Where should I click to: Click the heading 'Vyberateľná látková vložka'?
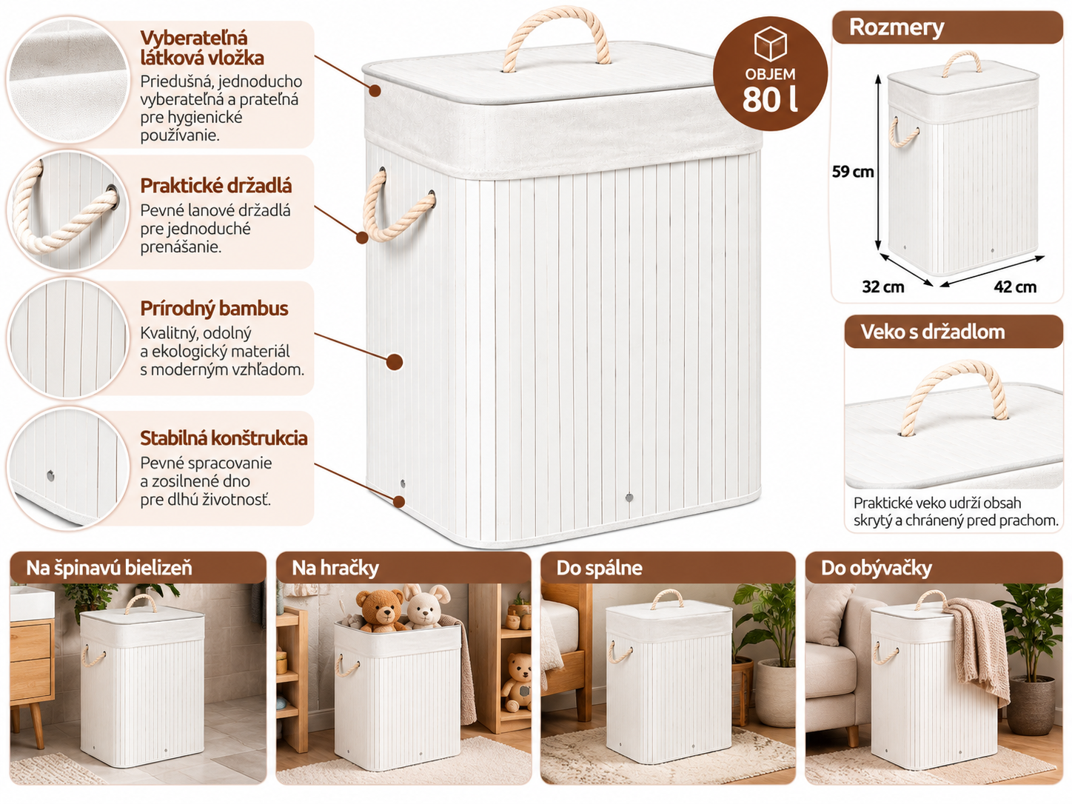tap(202, 48)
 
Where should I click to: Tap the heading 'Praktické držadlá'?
tap(216, 186)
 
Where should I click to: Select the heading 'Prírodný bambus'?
tap(214, 309)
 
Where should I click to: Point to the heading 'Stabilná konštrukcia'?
tap(224, 438)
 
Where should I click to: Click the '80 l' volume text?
tap(770, 99)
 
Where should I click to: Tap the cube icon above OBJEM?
tap(770, 44)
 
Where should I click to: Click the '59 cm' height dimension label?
tap(853, 172)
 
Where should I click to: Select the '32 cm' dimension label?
tap(883, 287)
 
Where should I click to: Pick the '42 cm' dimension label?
tap(1015, 287)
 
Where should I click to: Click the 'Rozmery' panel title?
tap(897, 27)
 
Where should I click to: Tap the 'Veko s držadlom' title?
tap(932, 332)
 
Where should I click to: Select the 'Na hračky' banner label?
tap(335, 568)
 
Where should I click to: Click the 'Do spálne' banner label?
tap(599, 568)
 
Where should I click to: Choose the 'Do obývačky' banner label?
tap(876, 568)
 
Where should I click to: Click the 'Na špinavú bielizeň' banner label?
tap(109, 568)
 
